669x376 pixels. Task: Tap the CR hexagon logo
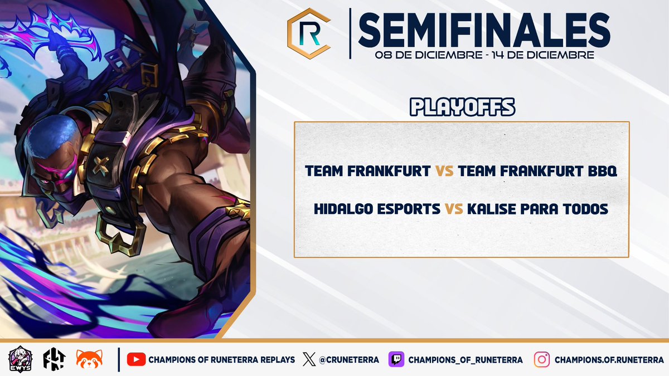308,33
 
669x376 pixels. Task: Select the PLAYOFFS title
462,108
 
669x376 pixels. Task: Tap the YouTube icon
135,360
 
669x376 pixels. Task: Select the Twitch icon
396,360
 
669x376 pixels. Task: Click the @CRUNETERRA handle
350,360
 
